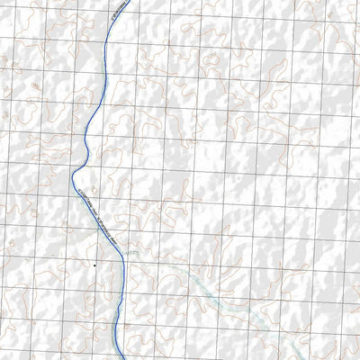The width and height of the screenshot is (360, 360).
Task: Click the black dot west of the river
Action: tap(94, 265)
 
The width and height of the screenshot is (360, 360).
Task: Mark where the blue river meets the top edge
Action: tap(128, 1)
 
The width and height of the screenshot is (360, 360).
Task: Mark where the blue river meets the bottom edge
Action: tap(121, 358)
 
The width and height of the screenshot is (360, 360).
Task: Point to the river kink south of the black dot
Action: tap(117, 310)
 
